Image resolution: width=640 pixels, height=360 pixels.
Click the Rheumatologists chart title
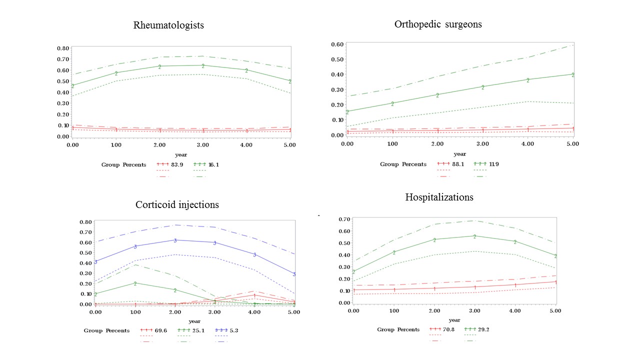click(168, 25)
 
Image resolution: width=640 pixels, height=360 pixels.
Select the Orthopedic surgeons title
click(438, 24)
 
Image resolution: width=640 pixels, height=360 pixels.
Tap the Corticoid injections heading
click(177, 204)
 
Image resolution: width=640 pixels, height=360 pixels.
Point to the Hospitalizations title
click(439, 197)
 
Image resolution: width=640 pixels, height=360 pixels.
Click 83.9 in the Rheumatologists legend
click(178, 164)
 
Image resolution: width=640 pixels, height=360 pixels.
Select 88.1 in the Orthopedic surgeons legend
click(458, 164)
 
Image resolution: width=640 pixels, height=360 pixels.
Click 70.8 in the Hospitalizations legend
click(448, 329)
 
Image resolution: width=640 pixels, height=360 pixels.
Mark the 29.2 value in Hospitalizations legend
click(485, 329)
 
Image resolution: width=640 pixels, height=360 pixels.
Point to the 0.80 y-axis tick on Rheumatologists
click(62, 48)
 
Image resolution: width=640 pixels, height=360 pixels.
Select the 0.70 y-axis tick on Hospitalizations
click(344, 219)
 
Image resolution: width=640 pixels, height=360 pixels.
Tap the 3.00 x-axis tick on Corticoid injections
click(214, 312)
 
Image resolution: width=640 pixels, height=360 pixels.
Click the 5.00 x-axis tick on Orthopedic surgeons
click(572, 143)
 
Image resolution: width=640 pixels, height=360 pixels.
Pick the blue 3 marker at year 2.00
click(175, 240)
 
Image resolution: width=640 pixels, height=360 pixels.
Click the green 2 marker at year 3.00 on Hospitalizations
click(474, 236)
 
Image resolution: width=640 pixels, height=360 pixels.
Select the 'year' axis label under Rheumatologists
click(181, 154)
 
